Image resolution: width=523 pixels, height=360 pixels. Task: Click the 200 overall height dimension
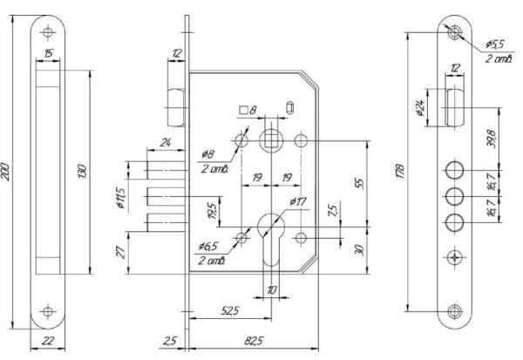pyautogui.click(x=5, y=172)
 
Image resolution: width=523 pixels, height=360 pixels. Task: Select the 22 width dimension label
pyautogui.click(x=48, y=341)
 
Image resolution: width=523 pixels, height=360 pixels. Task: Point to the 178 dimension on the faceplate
pyautogui.click(x=400, y=171)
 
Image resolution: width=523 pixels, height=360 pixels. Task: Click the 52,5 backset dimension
pyautogui.click(x=230, y=310)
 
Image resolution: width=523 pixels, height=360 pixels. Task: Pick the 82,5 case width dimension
pyautogui.click(x=254, y=341)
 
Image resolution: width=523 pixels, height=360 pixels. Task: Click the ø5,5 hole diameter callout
pyautogui.click(x=494, y=44)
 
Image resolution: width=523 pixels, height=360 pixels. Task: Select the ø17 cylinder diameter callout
pyautogui.click(x=298, y=201)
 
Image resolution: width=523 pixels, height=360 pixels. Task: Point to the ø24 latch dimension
pyautogui.click(x=421, y=108)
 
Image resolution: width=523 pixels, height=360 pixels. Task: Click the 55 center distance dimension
pyautogui.click(x=360, y=184)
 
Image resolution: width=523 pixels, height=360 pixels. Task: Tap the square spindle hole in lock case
pyautogui.click(x=271, y=141)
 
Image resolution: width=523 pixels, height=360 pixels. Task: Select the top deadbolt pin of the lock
pyautogui.click(x=166, y=170)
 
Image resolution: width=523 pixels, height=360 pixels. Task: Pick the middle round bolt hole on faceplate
pyautogui.click(x=454, y=196)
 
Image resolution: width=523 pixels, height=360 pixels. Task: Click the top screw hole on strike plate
pyautogui.click(x=48, y=32)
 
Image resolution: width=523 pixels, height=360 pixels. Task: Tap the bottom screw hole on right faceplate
pyautogui.click(x=454, y=311)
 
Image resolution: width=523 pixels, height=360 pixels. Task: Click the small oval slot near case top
pyautogui.click(x=289, y=107)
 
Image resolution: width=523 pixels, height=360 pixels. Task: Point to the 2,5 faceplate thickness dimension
pyautogui.click(x=170, y=341)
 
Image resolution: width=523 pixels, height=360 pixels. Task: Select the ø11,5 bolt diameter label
pyautogui.click(x=121, y=198)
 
